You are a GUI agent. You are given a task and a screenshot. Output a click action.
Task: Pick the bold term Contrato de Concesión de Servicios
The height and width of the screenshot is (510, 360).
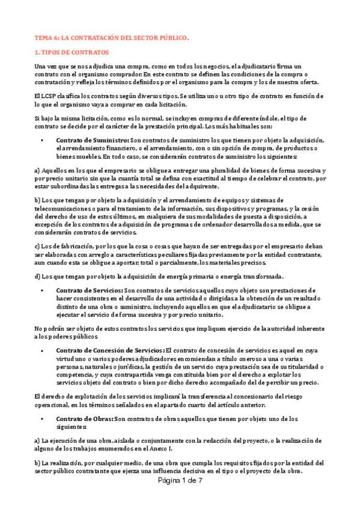point(109,351)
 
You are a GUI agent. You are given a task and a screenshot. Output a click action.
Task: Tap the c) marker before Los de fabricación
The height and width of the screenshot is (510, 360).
point(37,246)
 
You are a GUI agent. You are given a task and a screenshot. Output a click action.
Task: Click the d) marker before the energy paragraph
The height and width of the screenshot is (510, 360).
point(37,276)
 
